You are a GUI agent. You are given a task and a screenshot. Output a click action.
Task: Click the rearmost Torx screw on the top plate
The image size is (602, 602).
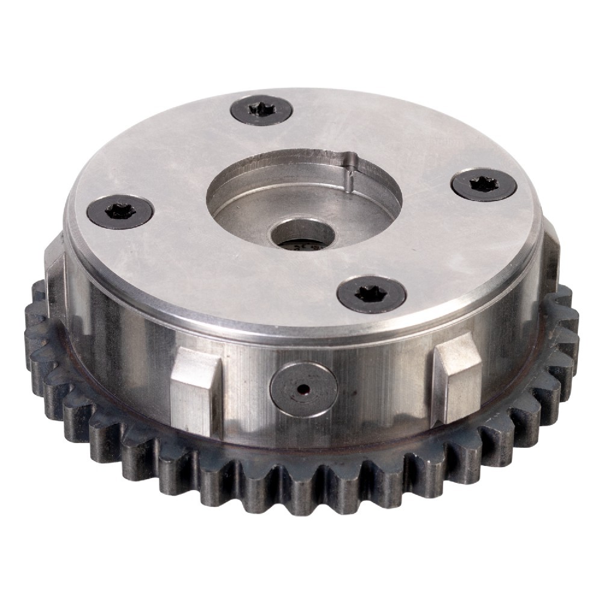click(x=261, y=110)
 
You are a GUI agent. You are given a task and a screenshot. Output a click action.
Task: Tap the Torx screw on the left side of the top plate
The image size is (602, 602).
click(x=120, y=211)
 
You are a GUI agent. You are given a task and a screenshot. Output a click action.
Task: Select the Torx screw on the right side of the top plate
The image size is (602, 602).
click(x=483, y=185)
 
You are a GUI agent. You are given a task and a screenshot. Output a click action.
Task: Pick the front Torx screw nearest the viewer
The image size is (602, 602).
click(x=371, y=294)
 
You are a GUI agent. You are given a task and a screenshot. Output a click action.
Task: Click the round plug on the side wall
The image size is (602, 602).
click(x=302, y=388)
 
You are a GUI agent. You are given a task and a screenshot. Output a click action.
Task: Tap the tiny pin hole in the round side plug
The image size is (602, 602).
click(x=302, y=388)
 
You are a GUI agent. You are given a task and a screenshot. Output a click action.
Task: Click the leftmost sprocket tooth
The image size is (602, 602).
click(x=34, y=337)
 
